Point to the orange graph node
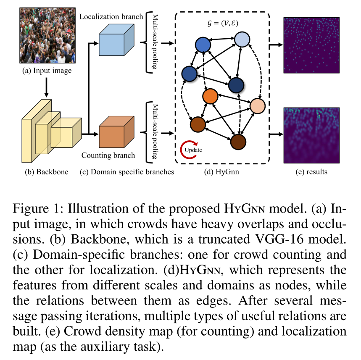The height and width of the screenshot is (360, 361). [210, 96]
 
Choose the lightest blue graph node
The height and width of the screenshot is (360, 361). [242, 40]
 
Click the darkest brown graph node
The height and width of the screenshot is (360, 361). [238, 142]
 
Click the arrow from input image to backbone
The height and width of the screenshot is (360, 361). [46, 87]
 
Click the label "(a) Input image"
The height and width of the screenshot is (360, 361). [47, 71]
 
